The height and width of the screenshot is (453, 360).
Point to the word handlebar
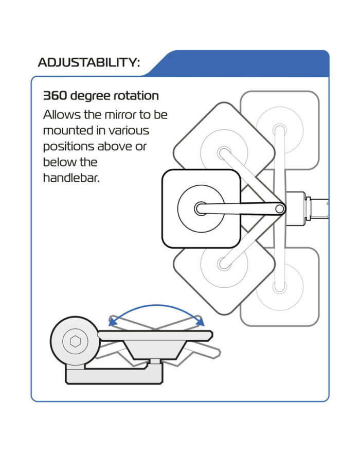[71, 178]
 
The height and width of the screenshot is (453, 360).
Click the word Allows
[62, 115]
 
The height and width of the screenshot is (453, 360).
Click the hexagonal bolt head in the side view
[76, 341]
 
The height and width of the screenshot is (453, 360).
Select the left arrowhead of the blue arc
[113, 321]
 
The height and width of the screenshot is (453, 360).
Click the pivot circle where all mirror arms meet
[279, 209]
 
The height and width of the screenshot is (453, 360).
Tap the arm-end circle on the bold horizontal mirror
[201, 208]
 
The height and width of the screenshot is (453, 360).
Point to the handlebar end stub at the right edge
[319, 208]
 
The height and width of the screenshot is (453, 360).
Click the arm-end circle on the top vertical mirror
[279, 129]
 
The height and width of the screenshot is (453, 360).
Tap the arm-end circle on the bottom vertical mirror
[279, 287]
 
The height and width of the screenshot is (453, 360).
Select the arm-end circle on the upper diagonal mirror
[224, 152]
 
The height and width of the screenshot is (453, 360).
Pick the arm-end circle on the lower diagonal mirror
[224, 264]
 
